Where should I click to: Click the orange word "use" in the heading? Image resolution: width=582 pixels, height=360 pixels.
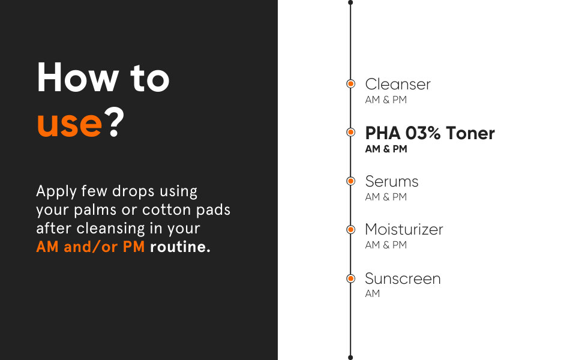70,124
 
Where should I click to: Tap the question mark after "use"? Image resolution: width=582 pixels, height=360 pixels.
114,122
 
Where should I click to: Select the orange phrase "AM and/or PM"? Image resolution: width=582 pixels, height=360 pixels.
91,247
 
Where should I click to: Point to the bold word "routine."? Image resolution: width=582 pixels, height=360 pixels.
180,247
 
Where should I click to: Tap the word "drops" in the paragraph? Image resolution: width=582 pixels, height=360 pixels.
133,191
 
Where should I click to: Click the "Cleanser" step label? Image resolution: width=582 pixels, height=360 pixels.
398,84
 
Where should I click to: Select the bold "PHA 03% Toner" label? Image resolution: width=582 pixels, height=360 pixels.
430,133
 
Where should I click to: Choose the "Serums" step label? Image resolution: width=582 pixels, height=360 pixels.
392,181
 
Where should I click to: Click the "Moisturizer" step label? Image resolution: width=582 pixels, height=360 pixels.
404,229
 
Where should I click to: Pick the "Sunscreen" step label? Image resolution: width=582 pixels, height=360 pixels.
403,278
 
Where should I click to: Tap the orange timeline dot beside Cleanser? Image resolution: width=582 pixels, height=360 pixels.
350,83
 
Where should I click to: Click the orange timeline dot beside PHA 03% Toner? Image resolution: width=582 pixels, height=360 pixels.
350,132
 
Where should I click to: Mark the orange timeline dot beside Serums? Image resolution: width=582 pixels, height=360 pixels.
350,181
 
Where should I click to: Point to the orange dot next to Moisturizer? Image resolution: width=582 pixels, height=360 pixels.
350,229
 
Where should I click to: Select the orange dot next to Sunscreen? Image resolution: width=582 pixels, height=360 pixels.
350,278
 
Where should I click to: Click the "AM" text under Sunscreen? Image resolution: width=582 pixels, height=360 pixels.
372,293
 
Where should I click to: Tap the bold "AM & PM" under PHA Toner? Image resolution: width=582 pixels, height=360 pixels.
386,149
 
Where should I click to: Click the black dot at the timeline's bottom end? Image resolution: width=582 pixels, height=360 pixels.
350,358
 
